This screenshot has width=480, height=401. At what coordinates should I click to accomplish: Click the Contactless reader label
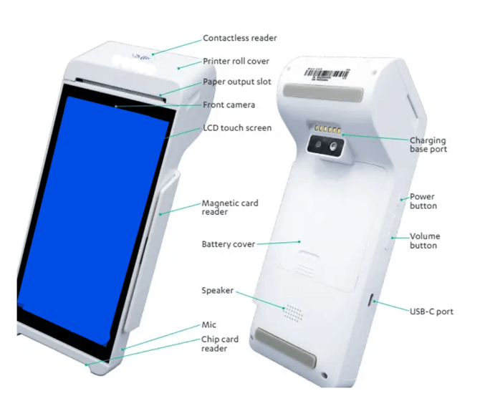click(240, 38)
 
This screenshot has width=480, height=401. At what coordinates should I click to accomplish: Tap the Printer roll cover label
click(236, 61)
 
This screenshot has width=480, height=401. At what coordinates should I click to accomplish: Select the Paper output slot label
click(237, 82)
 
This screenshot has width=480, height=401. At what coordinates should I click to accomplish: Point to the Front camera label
click(229, 105)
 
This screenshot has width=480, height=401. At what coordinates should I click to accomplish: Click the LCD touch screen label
click(237, 128)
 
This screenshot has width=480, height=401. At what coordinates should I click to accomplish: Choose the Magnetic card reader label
click(230, 208)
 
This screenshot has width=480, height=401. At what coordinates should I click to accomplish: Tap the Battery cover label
click(228, 244)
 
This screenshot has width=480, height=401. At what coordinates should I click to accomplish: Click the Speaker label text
click(217, 291)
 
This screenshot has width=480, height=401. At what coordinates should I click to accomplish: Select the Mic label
click(208, 325)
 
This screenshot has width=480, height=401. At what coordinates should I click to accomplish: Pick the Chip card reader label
click(220, 344)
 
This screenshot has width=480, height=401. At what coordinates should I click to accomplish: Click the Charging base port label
click(428, 145)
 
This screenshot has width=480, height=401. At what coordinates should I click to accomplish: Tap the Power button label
click(423, 201)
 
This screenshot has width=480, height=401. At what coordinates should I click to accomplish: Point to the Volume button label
click(425, 241)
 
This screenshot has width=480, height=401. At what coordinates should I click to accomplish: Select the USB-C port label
click(431, 311)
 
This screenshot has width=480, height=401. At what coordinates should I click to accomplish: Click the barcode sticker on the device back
click(327, 74)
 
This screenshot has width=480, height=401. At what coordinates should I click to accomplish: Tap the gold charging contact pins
click(328, 130)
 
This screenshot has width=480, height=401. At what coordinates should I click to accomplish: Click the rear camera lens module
click(326, 145)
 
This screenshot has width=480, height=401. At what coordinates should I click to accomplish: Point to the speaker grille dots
click(293, 313)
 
